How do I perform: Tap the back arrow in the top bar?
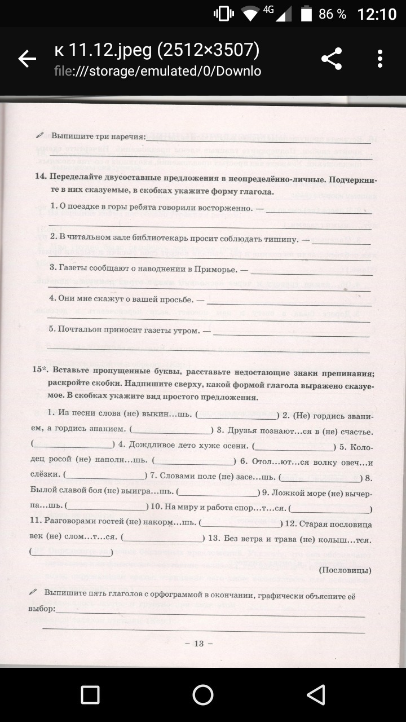click(27, 59)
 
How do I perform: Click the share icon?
click(332, 59)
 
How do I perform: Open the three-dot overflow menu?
click(380, 59)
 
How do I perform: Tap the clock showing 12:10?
click(377, 14)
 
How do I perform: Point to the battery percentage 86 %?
click(332, 14)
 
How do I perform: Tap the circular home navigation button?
click(203, 695)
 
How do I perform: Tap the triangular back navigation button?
click(316, 695)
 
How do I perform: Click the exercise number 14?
click(40, 177)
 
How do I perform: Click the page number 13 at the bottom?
click(198, 644)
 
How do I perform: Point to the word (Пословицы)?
click(345, 570)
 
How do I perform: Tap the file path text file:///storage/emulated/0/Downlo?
click(157, 72)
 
